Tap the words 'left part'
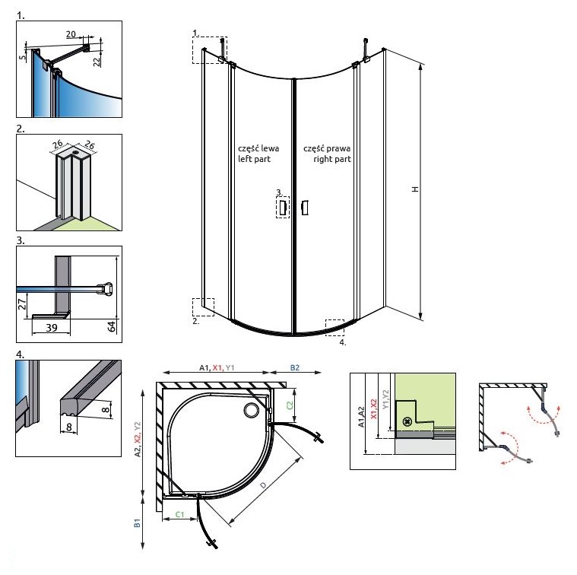click(253, 160)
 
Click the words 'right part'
click(333, 160)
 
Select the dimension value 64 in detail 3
click(112, 326)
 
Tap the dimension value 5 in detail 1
click(23, 56)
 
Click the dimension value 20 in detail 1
click(71, 34)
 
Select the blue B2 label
click(295, 368)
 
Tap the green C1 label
click(181, 515)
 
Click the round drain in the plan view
click(251, 411)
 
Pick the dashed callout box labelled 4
click(335, 327)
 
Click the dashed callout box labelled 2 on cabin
click(203, 307)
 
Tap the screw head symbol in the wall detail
click(407, 421)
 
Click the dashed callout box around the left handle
click(282, 207)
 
